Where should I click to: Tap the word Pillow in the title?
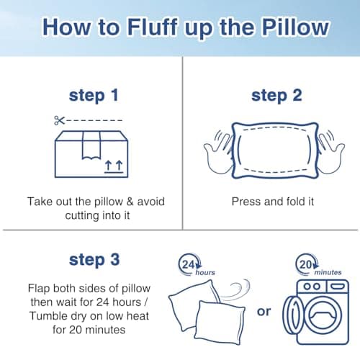coord(288,29)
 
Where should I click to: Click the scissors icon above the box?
coord(60,120)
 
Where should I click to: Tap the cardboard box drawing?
coord(89,154)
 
